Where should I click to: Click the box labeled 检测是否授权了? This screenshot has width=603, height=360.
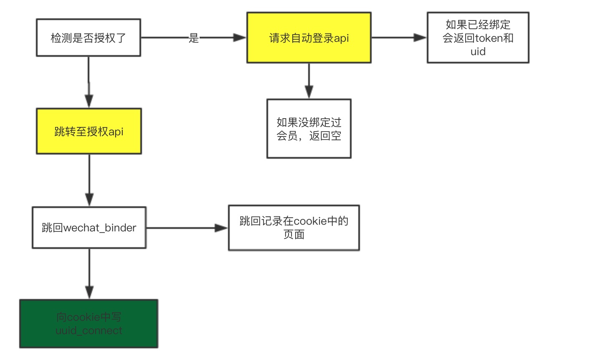[88, 38]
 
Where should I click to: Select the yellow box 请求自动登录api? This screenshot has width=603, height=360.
[309, 38]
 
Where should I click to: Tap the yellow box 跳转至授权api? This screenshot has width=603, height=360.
[89, 131]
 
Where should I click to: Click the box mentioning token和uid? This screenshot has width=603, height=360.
[478, 38]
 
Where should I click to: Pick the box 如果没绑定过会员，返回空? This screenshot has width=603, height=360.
[309, 129]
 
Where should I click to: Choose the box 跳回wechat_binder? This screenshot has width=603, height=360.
[89, 228]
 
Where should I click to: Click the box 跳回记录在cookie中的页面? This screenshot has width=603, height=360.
[294, 228]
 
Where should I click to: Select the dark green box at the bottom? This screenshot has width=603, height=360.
[89, 324]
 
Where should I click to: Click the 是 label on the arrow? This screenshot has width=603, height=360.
[194, 38]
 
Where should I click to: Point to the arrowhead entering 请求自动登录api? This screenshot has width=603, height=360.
[240, 38]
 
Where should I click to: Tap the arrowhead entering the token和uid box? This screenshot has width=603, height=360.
[420, 38]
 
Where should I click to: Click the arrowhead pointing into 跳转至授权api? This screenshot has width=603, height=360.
[89, 101]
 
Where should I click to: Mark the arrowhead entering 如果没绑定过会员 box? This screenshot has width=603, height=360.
[309, 91]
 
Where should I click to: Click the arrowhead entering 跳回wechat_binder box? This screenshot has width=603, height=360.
[89, 199]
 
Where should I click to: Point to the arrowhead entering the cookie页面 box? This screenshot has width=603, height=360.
[221, 228]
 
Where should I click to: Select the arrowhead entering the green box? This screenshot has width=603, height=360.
[89, 292]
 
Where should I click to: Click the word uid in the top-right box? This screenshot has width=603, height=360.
[478, 52]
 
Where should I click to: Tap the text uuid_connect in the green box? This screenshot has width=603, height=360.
[89, 330]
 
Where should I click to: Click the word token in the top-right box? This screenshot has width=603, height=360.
[489, 38]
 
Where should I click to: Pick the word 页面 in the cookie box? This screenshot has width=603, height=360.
[294, 235]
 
